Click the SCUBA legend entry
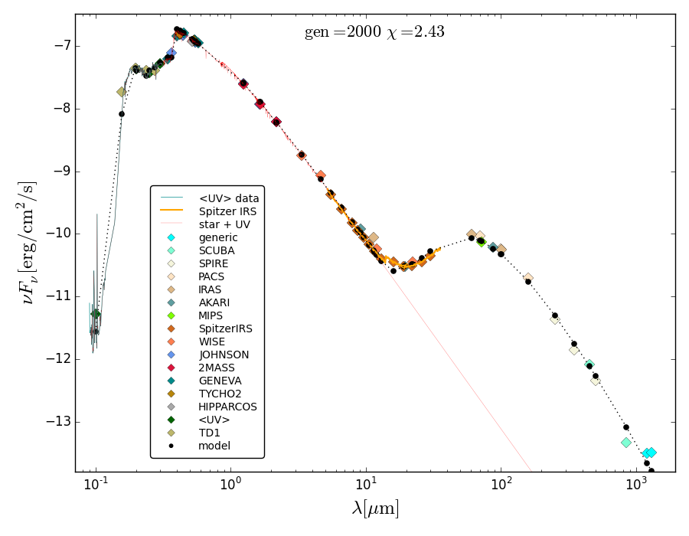217,250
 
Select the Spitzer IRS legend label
227,211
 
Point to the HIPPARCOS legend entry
227,407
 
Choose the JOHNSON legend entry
223,355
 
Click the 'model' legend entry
214,446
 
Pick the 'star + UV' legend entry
224,224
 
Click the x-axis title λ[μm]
375,508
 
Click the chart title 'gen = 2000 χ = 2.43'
374,32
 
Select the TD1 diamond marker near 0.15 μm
121,92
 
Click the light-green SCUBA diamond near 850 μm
626,443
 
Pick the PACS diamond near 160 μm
528,277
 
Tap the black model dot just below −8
122,114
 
